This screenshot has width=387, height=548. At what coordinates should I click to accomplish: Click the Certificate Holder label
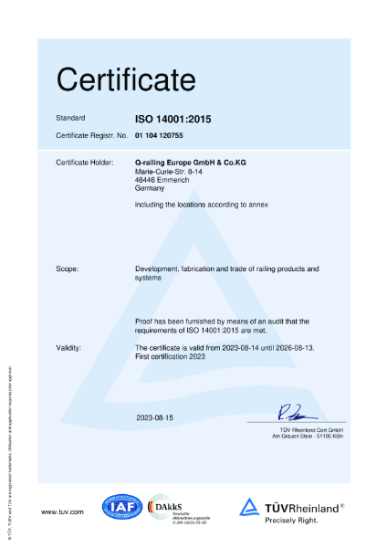(x=84, y=162)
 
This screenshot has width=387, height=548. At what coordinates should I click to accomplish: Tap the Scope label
(x=68, y=269)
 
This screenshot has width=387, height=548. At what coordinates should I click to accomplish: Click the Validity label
(x=69, y=348)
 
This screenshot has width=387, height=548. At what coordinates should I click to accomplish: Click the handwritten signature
(x=296, y=413)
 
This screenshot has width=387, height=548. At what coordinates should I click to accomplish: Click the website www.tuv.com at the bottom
(x=63, y=511)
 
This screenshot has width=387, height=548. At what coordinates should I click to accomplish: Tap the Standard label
(x=70, y=119)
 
